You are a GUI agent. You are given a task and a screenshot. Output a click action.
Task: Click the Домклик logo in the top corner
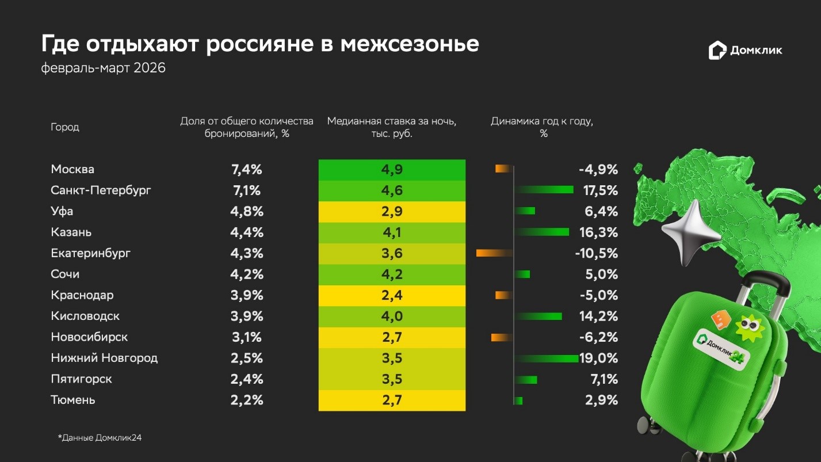click(745, 51)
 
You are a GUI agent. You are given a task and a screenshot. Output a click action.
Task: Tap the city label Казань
click(71, 232)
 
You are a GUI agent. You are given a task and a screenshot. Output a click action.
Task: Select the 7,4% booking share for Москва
click(246, 170)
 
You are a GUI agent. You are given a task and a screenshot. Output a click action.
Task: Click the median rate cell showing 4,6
click(392, 190)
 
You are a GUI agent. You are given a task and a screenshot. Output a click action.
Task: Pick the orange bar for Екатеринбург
click(494, 253)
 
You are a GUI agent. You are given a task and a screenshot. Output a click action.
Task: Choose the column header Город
click(65, 127)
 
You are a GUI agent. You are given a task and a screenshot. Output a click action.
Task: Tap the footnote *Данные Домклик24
click(100, 438)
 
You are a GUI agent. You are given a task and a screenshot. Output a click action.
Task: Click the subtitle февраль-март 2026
click(104, 68)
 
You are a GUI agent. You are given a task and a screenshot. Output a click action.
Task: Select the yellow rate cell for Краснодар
click(392, 296)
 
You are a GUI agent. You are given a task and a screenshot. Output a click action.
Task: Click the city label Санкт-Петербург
click(101, 190)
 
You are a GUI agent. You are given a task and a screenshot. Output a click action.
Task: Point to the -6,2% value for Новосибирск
click(598, 337)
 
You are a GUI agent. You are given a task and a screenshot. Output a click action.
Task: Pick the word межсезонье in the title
click(409, 44)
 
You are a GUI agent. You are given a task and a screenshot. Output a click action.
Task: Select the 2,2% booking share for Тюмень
click(246, 400)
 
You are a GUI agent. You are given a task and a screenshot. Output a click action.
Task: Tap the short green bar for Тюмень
click(518, 400)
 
